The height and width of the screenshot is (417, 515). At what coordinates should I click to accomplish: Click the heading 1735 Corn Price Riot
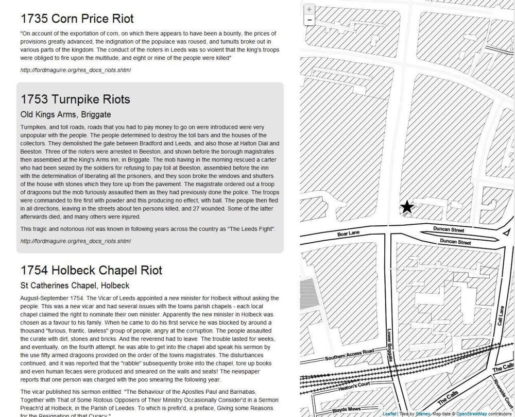[77, 19]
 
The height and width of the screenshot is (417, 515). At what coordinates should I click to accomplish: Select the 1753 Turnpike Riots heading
[75, 99]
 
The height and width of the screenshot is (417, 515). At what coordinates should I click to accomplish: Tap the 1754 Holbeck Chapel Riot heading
[91, 271]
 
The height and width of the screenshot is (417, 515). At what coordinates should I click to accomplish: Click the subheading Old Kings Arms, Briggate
[65, 114]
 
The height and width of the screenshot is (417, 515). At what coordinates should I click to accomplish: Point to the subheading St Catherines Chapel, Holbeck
[75, 286]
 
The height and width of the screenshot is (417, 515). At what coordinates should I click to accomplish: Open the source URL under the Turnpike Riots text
[76, 241]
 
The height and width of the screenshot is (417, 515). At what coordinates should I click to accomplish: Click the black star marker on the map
[407, 207]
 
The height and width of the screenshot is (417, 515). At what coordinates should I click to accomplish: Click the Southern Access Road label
[349, 356]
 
